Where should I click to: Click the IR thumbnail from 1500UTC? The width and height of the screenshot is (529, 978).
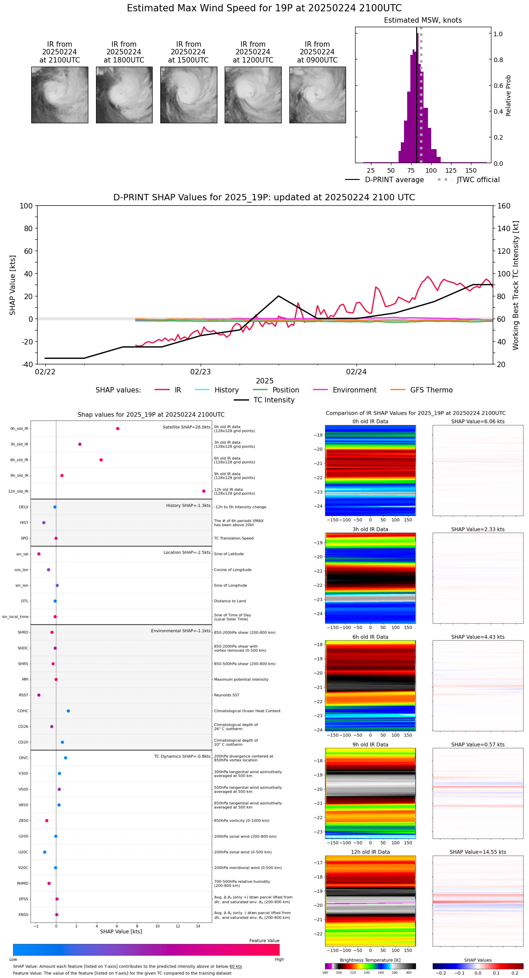click(x=188, y=95)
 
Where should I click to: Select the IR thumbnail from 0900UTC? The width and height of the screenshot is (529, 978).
click(x=317, y=95)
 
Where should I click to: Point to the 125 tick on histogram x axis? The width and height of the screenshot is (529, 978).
click(x=451, y=170)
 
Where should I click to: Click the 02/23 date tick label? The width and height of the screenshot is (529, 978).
click(x=201, y=372)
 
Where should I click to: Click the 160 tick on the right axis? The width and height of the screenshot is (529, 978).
click(x=504, y=206)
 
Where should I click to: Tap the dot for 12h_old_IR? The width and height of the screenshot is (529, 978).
click(x=204, y=491)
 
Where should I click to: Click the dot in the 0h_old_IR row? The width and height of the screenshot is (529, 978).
click(x=118, y=429)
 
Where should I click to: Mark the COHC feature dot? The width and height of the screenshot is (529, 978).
click(x=68, y=711)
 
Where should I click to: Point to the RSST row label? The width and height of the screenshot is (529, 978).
click(x=24, y=695)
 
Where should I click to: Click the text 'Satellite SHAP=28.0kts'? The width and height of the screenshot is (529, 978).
click(x=187, y=427)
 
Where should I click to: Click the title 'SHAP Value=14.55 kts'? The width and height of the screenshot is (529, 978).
click(x=478, y=852)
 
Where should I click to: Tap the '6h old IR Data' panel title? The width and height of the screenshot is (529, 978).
click(x=370, y=637)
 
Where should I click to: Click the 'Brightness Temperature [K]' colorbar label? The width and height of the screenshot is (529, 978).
click(x=370, y=960)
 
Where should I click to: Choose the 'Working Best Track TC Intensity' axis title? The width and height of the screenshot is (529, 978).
click(x=516, y=286)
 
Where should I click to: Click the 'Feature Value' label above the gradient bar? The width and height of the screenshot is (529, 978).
click(x=264, y=940)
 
